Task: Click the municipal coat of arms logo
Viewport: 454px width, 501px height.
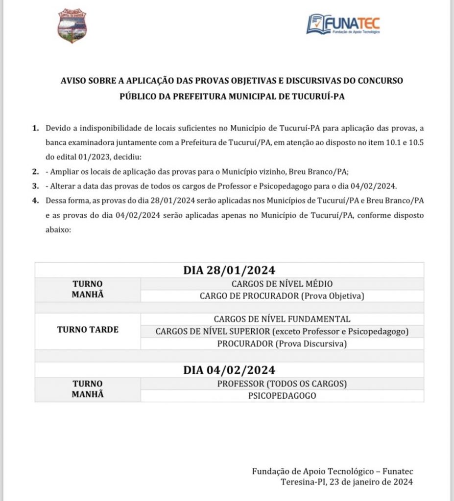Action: tap(72, 25)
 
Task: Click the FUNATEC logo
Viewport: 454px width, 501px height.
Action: tap(343, 24)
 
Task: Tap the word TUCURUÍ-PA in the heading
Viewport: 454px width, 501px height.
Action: tap(321, 96)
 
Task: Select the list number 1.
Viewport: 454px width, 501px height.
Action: tap(35, 128)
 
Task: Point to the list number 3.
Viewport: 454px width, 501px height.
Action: tap(35, 186)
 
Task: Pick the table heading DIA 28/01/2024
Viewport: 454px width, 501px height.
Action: tap(229, 270)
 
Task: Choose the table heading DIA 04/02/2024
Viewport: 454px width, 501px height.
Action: tap(229, 369)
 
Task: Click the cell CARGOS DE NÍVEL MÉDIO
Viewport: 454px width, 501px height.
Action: tap(282, 284)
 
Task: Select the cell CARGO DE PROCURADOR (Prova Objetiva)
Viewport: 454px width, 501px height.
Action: tap(282, 296)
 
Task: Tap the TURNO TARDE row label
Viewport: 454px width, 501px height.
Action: tap(88, 330)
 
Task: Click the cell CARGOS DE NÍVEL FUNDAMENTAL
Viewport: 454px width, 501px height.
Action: tap(282, 319)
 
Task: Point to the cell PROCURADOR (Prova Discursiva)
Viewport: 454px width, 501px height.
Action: tap(282, 343)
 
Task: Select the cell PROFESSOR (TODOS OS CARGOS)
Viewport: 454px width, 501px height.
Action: tap(282, 383)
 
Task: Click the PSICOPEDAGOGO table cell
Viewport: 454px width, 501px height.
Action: tap(282, 395)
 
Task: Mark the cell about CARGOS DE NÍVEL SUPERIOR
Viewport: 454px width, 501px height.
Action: tap(282, 331)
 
